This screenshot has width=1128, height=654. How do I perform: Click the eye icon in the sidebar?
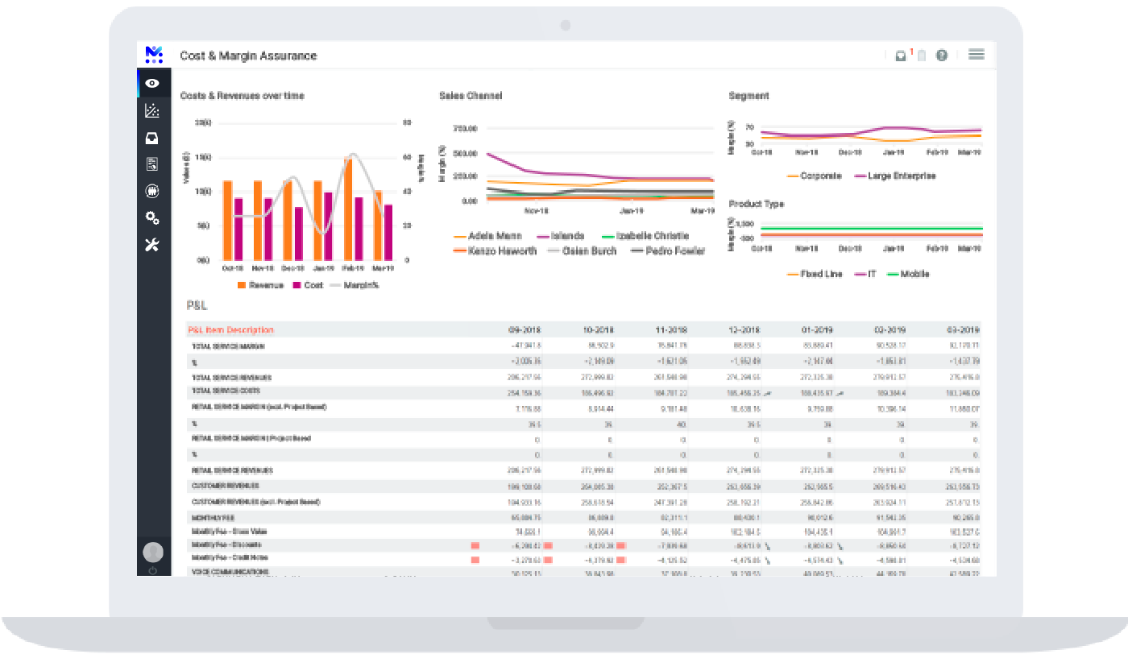click(x=152, y=83)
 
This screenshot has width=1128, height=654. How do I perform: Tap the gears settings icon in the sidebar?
click(x=152, y=218)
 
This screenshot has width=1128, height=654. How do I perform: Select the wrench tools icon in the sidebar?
click(x=152, y=245)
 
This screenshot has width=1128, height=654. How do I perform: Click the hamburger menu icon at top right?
click(x=977, y=55)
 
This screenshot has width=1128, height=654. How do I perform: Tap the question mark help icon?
click(x=941, y=56)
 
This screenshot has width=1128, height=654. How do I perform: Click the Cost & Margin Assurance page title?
click(x=248, y=56)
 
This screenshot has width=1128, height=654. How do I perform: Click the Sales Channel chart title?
click(x=471, y=96)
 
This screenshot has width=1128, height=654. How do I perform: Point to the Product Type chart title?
click(x=756, y=204)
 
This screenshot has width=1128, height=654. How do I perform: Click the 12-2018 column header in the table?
click(x=744, y=330)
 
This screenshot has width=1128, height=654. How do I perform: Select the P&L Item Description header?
click(x=230, y=330)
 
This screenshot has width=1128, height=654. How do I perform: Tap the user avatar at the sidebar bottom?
click(x=152, y=552)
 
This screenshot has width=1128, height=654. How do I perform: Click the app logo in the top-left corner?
click(x=154, y=55)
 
